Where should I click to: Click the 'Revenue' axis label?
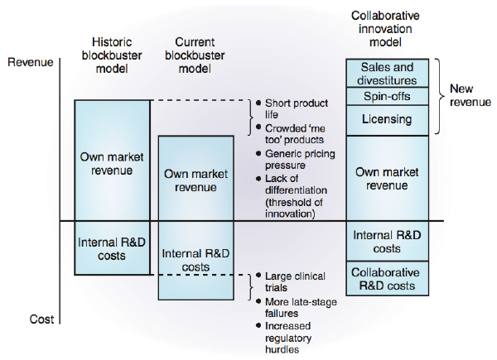29,61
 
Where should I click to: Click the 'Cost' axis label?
20,319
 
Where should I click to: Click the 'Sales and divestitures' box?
387,73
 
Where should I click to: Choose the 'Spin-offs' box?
387,97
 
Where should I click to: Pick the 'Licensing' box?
387,119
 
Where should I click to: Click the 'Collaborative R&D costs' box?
387,279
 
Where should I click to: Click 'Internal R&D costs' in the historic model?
113,248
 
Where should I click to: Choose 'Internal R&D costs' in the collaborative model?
387,242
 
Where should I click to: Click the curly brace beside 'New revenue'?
440,95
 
